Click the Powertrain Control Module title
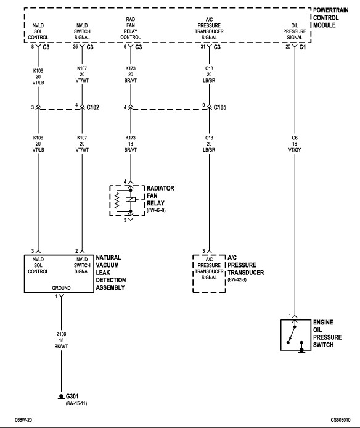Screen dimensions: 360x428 click(x=330, y=17)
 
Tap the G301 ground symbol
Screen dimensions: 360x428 click(x=62, y=397)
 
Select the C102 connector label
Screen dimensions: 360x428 click(x=93, y=107)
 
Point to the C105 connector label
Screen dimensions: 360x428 click(x=220, y=107)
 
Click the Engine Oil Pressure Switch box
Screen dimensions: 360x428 click(x=296, y=335)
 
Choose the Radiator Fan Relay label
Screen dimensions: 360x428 click(x=160, y=195)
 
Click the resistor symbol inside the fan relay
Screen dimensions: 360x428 click(x=117, y=200)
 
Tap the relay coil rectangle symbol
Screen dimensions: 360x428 click(x=131, y=200)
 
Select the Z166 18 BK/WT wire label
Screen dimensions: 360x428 click(x=61, y=340)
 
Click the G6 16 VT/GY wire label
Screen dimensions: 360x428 click(x=295, y=144)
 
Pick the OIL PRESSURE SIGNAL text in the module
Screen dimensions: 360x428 click(x=295, y=31)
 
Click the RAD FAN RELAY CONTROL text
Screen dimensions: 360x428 click(x=131, y=28)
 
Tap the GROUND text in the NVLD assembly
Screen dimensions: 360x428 click(x=61, y=288)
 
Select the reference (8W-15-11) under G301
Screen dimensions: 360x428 click(x=76, y=403)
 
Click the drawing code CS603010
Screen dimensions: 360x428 click(x=341, y=420)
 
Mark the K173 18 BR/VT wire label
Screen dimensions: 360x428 click(x=131, y=144)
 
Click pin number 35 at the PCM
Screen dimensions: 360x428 click(x=75, y=47)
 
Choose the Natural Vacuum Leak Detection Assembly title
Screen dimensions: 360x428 click(x=111, y=273)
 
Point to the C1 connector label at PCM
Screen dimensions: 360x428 click(x=303, y=47)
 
